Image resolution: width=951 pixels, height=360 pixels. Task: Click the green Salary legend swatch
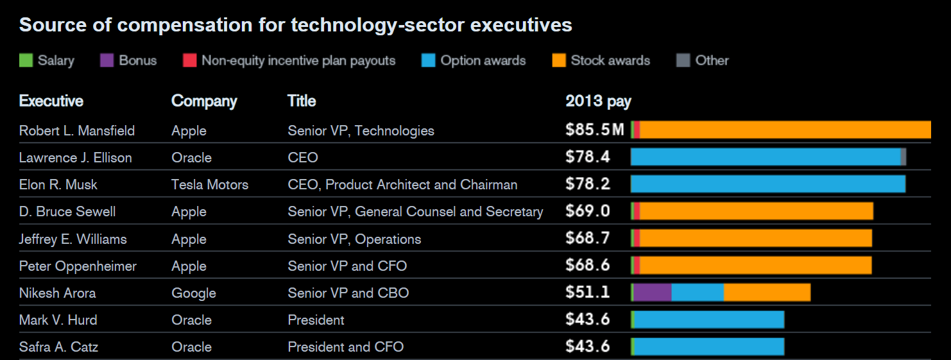tap(26, 61)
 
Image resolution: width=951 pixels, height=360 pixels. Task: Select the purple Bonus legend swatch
tap(107, 61)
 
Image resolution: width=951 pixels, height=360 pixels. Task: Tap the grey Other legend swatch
tap(683, 61)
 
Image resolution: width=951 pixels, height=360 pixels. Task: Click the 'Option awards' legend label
tap(483, 61)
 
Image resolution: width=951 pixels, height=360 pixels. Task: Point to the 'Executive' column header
tap(51, 101)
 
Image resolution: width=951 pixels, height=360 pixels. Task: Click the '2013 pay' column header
tap(598, 101)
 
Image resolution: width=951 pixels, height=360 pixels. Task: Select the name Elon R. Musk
tap(58, 185)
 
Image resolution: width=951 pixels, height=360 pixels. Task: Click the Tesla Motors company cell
tap(210, 185)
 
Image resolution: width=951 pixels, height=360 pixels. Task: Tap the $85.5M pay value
tap(594, 130)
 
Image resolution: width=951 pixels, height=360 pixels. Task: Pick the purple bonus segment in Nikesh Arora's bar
tap(653, 293)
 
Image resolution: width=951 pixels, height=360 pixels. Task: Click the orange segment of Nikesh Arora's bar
tap(767, 293)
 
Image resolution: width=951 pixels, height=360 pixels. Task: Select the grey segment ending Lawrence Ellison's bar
tap(904, 157)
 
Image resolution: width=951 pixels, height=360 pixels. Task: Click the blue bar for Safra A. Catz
tap(709, 347)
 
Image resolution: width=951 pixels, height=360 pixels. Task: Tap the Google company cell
tap(194, 293)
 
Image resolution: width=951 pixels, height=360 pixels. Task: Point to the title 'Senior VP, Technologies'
tap(361, 131)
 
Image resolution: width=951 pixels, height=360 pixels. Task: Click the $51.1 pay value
tap(588, 293)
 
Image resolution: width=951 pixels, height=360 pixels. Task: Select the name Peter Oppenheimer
tap(78, 266)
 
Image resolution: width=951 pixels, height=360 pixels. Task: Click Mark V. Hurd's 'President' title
tap(316, 320)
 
